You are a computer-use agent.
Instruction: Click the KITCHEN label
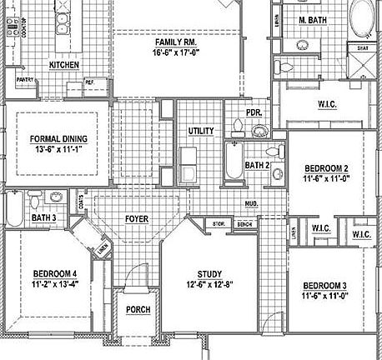coord(64,64)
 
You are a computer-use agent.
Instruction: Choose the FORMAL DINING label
coord(58,139)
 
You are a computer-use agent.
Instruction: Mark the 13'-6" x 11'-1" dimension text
coord(58,150)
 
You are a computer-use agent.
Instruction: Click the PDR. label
coord(254,113)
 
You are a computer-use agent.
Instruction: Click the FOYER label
coord(137,219)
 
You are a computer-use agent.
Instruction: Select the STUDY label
coord(209,274)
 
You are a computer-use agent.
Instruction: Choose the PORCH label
coord(137,310)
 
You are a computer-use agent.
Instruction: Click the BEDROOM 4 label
coord(55,274)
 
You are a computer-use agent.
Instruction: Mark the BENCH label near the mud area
coord(245,224)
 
